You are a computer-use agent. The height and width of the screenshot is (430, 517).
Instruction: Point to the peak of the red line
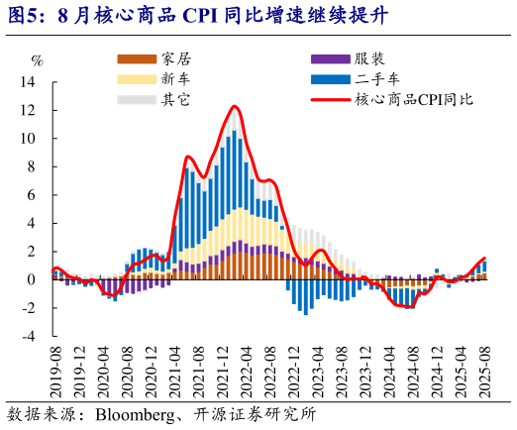235,106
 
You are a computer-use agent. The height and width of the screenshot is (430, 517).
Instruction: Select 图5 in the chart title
22,15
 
